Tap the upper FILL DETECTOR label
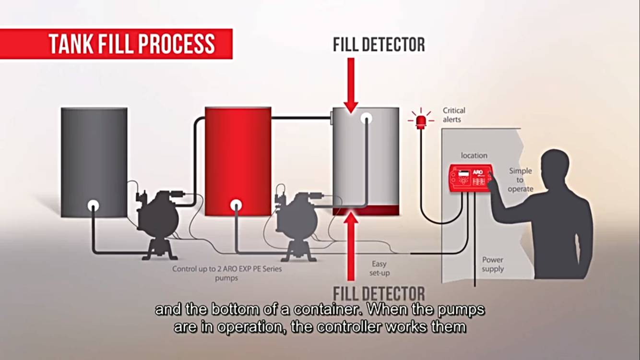coord(379,45)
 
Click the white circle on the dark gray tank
coord(93,205)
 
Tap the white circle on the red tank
coord(236,205)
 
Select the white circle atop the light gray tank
coord(367,118)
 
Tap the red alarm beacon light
coord(421,121)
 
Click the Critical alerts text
coord(453,115)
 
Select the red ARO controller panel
coord(470,178)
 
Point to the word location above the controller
coord(474,156)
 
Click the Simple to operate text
coord(521,180)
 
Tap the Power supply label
coord(493,264)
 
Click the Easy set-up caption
coord(379,268)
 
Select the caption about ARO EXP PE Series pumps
coord(227,273)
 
